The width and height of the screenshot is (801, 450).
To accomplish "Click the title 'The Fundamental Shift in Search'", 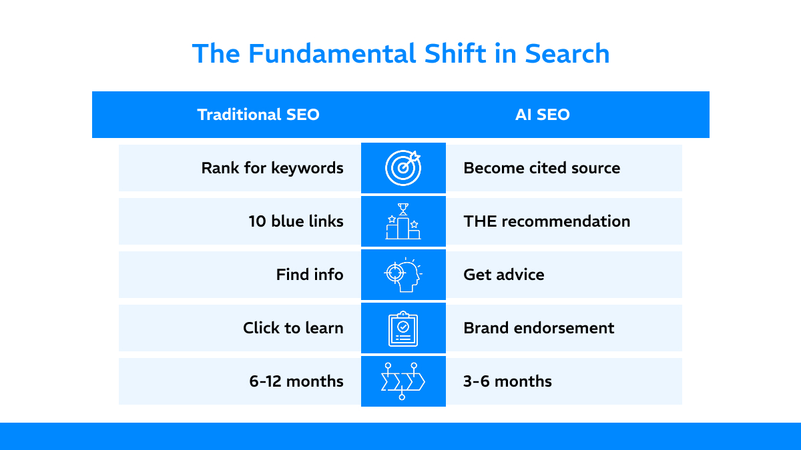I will tap(400, 54).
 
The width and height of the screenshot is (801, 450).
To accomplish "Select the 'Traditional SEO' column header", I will tap(258, 115).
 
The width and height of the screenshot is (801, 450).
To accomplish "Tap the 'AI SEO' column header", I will tap(542, 115).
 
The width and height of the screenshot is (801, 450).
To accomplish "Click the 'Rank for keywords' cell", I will tap(272, 168).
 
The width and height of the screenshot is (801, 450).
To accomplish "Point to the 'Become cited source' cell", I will tap(541, 168).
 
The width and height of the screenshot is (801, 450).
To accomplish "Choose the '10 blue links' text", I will tap(296, 221).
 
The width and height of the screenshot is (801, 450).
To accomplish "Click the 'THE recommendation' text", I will tap(547, 221).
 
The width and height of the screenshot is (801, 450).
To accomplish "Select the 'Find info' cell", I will tap(310, 275).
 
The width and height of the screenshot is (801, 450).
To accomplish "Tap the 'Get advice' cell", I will tap(503, 275).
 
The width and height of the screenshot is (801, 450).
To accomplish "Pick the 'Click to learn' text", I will tap(293, 328).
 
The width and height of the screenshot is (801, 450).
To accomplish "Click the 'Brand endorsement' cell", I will tap(539, 328).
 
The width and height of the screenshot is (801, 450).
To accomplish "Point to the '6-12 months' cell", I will tap(296, 381).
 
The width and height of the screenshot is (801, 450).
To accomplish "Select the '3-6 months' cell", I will tap(507, 381).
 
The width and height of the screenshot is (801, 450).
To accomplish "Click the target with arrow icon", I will tap(403, 168).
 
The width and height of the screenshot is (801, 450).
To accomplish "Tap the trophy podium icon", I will tap(403, 221).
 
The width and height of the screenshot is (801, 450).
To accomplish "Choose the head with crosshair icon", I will tap(403, 275).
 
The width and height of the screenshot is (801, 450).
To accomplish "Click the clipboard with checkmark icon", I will tap(403, 329).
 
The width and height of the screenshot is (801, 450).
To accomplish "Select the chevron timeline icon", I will tap(403, 381).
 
